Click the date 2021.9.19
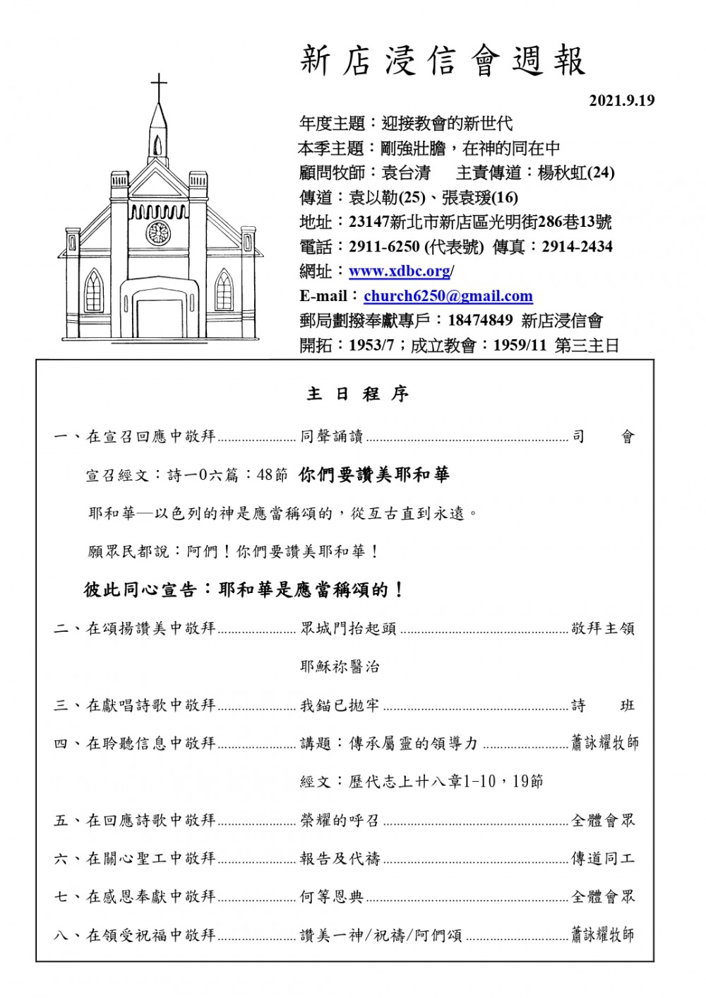point(621,100)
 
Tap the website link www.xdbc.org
point(400,271)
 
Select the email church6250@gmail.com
point(448,296)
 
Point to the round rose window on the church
point(158,233)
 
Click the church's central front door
point(158,322)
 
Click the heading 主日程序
point(358,394)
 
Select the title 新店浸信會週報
point(443,61)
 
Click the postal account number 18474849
point(480,320)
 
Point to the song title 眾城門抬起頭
point(348,628)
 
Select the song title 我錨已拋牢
point(340,705)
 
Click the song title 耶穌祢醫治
point(340,667)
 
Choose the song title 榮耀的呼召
point(340,820)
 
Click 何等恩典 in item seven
point(331,896)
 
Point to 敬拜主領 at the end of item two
point(603,628)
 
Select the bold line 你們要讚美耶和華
point(374,475)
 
